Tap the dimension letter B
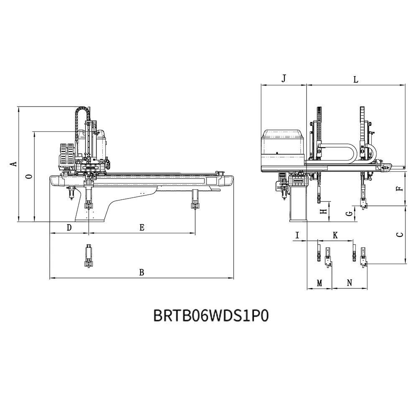[142, 273]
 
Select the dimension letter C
[400, 235]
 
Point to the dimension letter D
[69, 228]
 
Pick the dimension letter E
[142, 228]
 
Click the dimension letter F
[400, 189]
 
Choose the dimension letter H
[324, 212]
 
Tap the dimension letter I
[298, 235]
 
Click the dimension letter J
[284, 79]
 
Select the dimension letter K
[335, 235]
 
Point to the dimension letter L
[356, 79]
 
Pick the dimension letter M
[320, 283]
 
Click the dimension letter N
[349, 283]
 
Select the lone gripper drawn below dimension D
[89, 256]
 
